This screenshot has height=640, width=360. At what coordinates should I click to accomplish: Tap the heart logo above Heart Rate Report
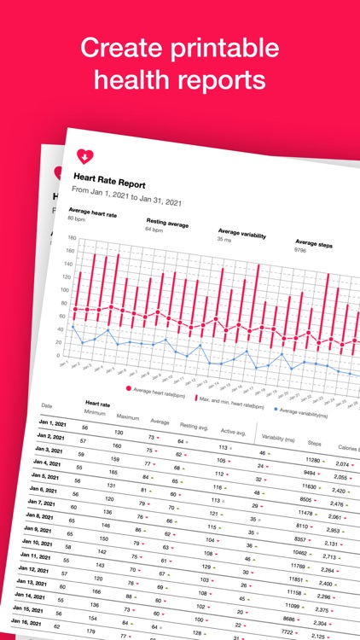coord(85,157)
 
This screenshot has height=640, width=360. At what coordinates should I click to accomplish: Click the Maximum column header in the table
coord(128,416)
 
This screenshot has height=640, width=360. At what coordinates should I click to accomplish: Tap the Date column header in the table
coord(47,405)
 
